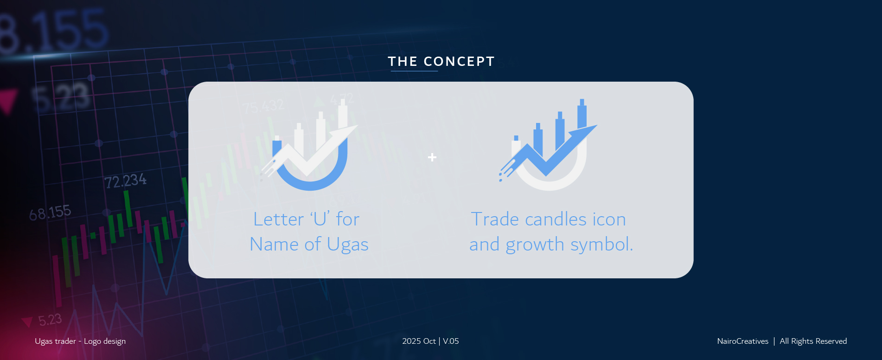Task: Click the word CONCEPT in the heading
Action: [x=459, y=61]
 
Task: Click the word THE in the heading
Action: [x=403, y=61]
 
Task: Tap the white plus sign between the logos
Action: [x=432, y=157]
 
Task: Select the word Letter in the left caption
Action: [x=278, y=219]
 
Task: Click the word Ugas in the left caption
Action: [x=347, y=244]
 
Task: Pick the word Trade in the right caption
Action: [x=494, y=219]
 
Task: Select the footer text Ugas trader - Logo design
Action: [x=80, y=341]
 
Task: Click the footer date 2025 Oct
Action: [x=419, y=341]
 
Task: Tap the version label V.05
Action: [x=451, y=341]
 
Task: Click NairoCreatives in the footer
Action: [x=742, y=341]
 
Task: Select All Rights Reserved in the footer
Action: [x=813, y=341]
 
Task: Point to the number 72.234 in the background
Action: [x=125, y=180]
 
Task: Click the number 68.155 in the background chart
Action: [x=50, y=213]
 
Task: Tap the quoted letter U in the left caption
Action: [x=320, y=219]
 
